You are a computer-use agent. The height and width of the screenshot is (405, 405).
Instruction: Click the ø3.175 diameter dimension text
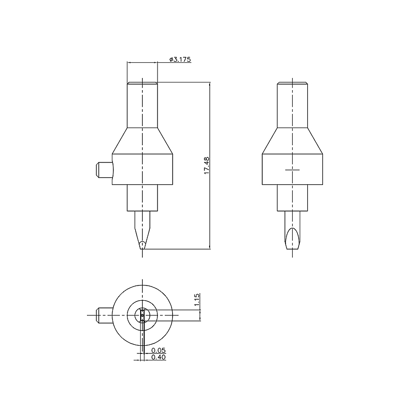point(180,59)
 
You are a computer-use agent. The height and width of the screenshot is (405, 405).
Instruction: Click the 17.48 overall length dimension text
point(207,166)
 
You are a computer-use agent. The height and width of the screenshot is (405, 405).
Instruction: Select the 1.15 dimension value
point(197,300)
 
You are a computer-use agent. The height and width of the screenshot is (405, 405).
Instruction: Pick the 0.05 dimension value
point(158,350)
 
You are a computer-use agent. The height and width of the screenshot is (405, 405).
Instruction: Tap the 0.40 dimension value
point(158,357)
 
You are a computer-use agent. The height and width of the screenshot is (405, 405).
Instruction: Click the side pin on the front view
point(104,170)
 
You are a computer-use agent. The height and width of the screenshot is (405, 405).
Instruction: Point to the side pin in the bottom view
point(104,315)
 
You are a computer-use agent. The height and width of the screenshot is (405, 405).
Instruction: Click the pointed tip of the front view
point(142,249)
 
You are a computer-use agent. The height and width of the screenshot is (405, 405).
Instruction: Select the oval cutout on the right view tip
point(293,238)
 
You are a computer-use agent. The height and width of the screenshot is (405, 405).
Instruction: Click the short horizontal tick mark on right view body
point(293,170)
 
